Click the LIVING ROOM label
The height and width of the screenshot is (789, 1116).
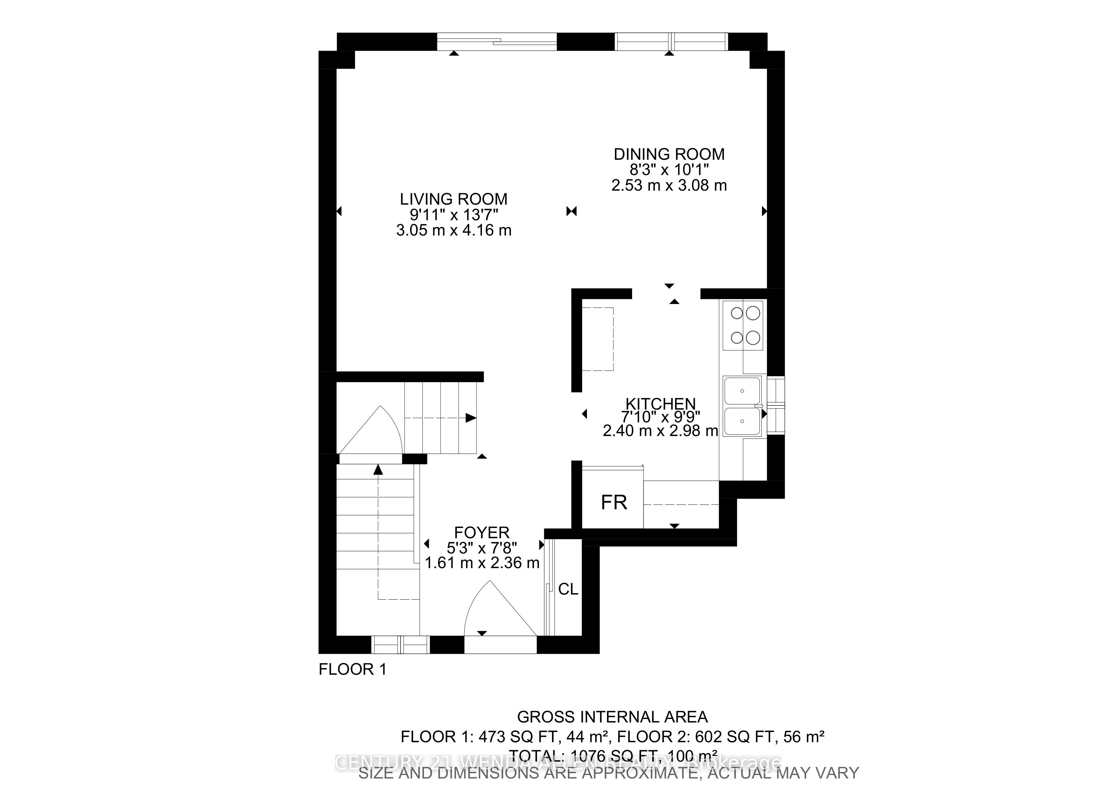click(x=454, y=199)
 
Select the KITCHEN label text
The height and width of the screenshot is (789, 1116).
click(x=660, y=404)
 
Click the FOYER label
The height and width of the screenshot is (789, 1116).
click(x=482, y=532)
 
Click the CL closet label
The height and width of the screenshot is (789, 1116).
click(x=568, y=589)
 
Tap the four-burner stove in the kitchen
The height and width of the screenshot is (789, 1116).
click(x=743, y=325)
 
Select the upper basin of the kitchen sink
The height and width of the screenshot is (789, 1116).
click(x=742, y=391)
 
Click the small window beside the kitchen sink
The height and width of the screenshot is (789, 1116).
click(x=776, y=405)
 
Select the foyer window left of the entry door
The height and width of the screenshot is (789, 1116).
click(x=400, y=645)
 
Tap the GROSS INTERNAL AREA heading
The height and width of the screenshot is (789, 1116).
click(x=612, y=717)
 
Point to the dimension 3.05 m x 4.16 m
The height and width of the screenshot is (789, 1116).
click(x=454, y=230)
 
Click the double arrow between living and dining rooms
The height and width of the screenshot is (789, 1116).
click(x=572, y=211)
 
